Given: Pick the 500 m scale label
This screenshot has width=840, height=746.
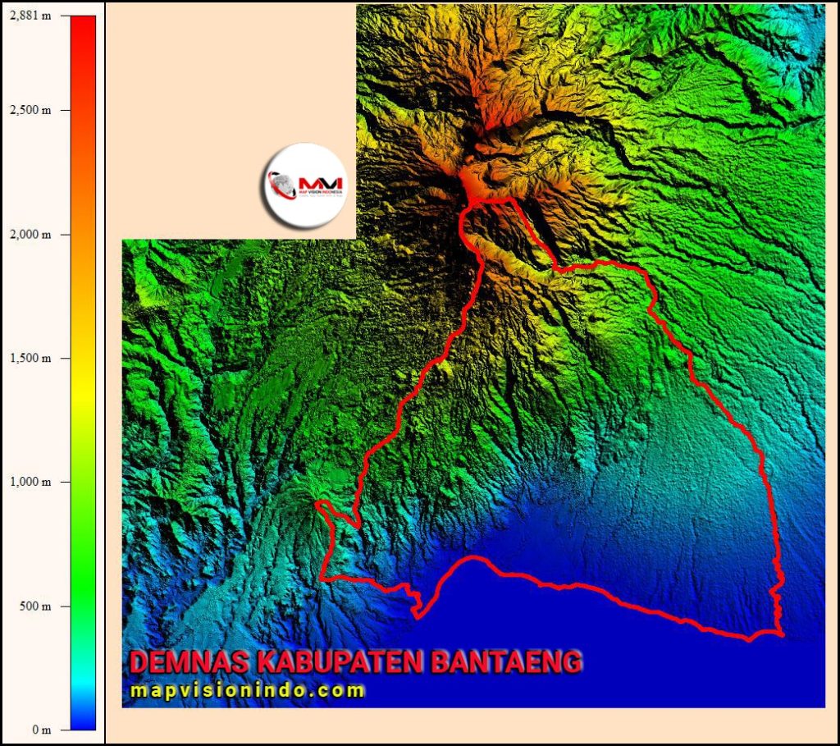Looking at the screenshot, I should click(x=35, y=606).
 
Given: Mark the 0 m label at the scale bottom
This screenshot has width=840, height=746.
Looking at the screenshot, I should click(x=40, y=730).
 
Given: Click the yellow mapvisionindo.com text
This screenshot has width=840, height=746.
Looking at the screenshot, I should click(x=247, y=691).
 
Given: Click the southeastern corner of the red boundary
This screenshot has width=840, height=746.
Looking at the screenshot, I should click(x=783, y=634).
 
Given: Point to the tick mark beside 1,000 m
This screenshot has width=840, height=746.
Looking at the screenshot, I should click(x=66, y=482).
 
